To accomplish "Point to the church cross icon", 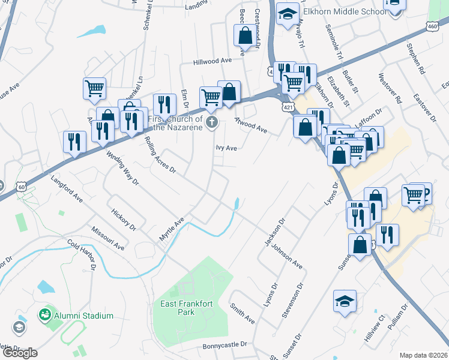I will (211, 123).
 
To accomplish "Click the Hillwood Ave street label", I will (212, 61).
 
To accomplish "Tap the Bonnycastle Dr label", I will (225, 345).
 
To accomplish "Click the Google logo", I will (20, 352).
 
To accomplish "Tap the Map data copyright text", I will (423, 355).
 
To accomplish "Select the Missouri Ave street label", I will (108, 238).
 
